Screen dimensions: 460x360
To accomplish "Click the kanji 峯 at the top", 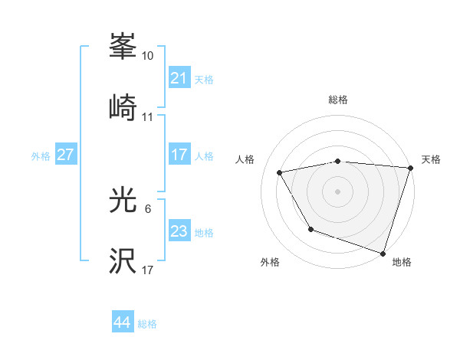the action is coord(123,46).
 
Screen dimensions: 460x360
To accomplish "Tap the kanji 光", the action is coord(123,200).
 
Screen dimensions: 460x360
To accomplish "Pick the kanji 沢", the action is coord(123,261).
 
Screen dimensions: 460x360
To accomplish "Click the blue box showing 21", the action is coord(179,78).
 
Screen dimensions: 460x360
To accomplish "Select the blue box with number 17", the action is coord(179,155).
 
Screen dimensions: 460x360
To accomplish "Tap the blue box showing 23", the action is coord(179,231).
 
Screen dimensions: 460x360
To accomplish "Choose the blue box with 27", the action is coord(65,155).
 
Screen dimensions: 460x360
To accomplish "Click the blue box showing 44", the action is coord(122,323).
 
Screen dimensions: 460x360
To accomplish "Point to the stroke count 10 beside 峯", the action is coord(148,56).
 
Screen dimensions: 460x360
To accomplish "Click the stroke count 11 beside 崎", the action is coord(148,117).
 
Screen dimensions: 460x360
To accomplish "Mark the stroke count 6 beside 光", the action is coord(148,209).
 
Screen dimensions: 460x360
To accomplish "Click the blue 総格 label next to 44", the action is coord(147,324).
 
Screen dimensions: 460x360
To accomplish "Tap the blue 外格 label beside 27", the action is coord(41,155).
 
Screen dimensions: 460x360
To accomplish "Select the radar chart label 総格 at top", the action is coord(338,100).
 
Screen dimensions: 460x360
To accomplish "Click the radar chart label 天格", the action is coord(431,159).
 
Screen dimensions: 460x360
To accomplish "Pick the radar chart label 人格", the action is coord(245,159).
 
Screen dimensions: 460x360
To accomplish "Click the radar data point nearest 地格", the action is coord(383,253).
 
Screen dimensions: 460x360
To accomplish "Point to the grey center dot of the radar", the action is coord(338,191).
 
